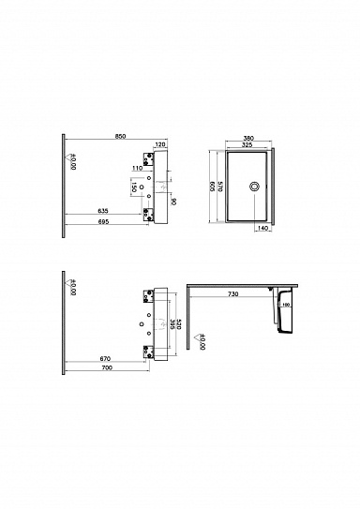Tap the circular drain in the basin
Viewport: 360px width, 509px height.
252,186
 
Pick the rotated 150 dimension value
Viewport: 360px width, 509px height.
135,187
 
